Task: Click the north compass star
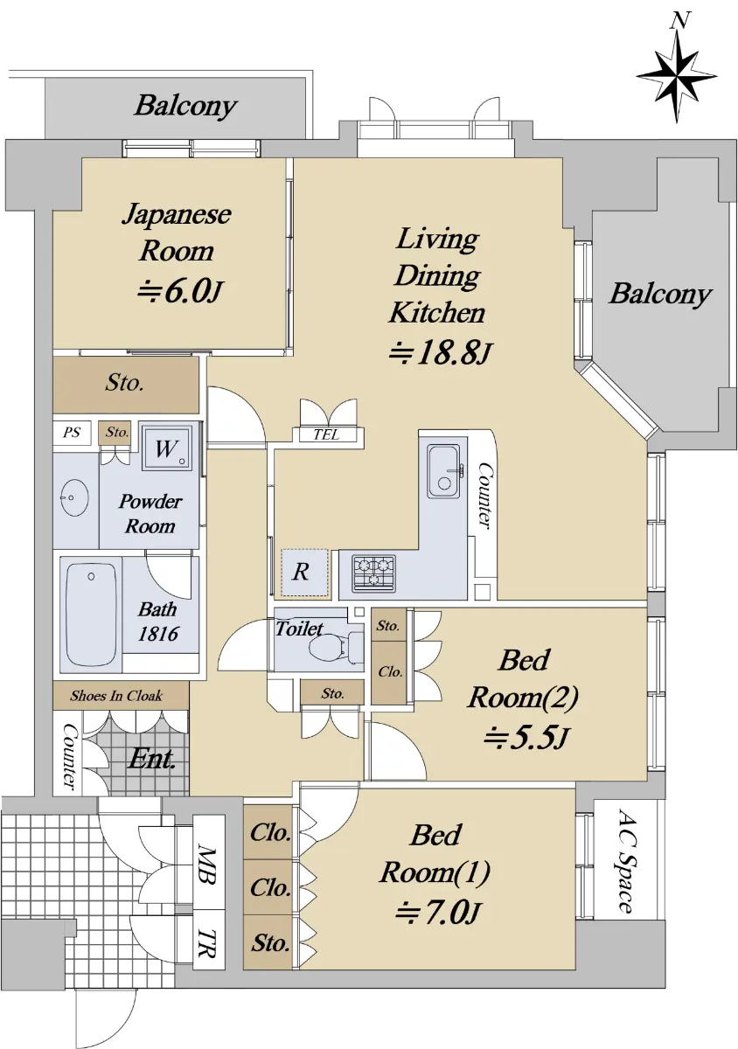(677, 76)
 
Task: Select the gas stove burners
(374, 572)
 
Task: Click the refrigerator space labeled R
(303, 573)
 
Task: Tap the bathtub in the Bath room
(91, 614)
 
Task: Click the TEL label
(326, 434)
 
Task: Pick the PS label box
(71, 432)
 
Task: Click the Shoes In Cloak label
(116, 696)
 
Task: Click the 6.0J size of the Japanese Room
(178, 292)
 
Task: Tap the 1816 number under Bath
(157, 634)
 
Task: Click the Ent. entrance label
(151, 758)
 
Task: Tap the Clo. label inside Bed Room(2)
(390, 671)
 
